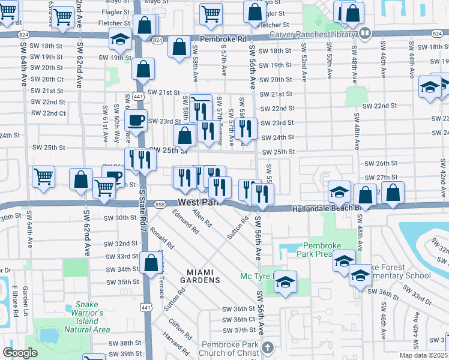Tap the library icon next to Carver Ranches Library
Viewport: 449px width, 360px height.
point(364,33)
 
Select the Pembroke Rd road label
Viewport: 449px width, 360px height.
point(223,38)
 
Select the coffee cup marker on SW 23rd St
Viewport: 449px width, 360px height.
point(136,119)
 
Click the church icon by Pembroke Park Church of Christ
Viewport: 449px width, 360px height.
point(268,347)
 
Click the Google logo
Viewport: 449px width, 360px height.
point(19,353)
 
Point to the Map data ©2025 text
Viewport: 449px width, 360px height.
point(423,355)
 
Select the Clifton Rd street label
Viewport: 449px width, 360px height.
point(179,328)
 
